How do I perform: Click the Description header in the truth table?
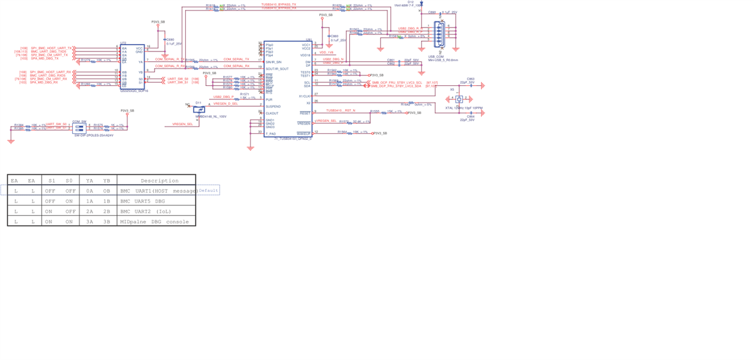pyautogui.click(x=159, y=181)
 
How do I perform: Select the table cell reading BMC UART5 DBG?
pyautogui.click(x=143, y=201)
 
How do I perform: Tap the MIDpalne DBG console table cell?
pyautogui.click(x=154, y=221)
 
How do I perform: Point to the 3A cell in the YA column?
pyautogui.click(x=89, y=221)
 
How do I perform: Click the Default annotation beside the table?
pyautogui.click(x=208, y=190)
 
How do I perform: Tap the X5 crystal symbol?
pyautogui.click(x=459, y=98)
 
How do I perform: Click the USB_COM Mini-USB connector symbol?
pyautogui.click(x=439, y=34)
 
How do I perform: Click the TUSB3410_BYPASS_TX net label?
pyautogui.click(x=278, y=4)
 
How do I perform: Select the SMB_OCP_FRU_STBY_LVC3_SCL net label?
pyautogui.click(x=397, y=82)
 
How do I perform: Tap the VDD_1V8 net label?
pyautogui.click(x=327, y=53)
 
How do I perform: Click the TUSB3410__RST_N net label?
pyautogui.click(x=341, y=110)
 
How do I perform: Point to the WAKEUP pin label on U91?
pyautogui.click(x=304, y=133)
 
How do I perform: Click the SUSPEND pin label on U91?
pyautogui.click(x=273, y=107)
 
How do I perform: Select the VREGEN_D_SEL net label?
pyautogui.click(x=226, y=104)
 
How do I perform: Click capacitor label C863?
pyautogui.click(x=470, y=79)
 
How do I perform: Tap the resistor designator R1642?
pyautogui.click(x=406, y=104)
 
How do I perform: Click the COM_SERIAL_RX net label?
pyautogui.click(x=237, y=66)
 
